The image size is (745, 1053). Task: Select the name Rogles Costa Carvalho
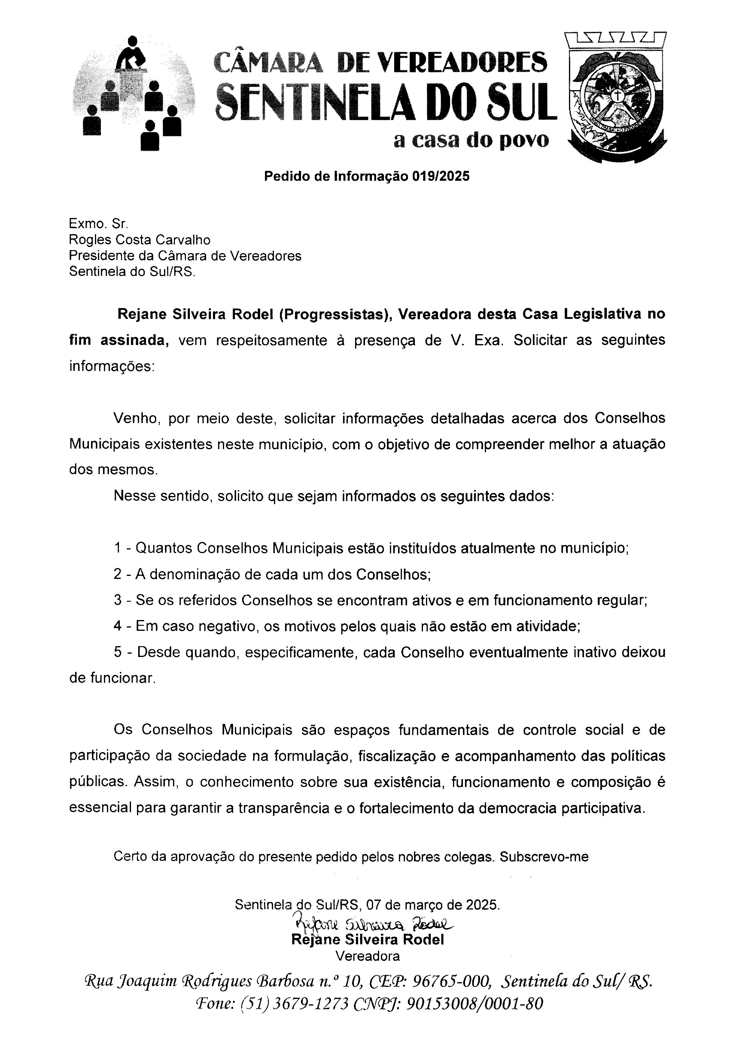[x=139, y=240]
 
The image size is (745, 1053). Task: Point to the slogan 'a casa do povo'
[x=471, y=140]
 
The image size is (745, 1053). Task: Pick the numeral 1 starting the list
[x=118, y=548]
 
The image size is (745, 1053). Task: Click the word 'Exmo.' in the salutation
[x=84, y=224]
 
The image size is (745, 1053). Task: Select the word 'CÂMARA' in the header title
[x=269, y=62]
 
